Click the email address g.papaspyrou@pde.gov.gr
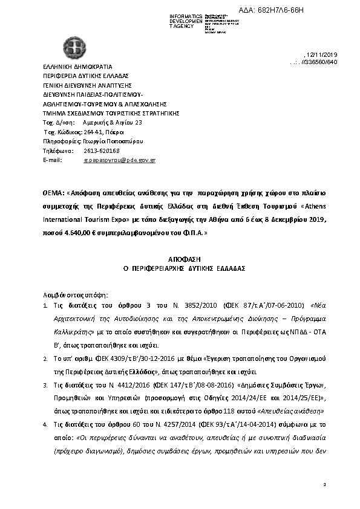(119, 160)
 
